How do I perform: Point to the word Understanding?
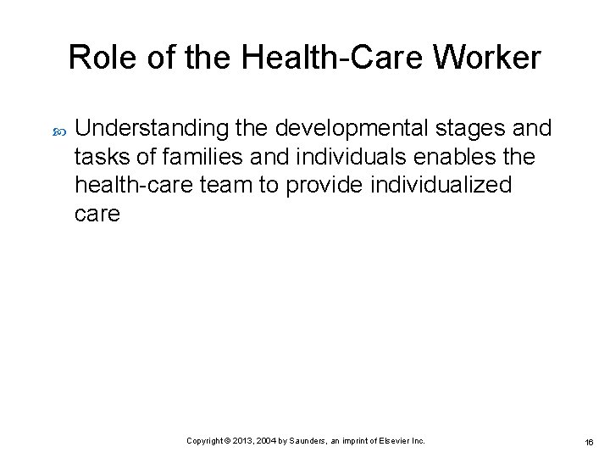coord(151,128)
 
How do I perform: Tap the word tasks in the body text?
coord(98,157)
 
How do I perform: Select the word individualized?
coord(441,186)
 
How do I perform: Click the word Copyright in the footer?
coord(204,441)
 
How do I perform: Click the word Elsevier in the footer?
coord(392,441)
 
